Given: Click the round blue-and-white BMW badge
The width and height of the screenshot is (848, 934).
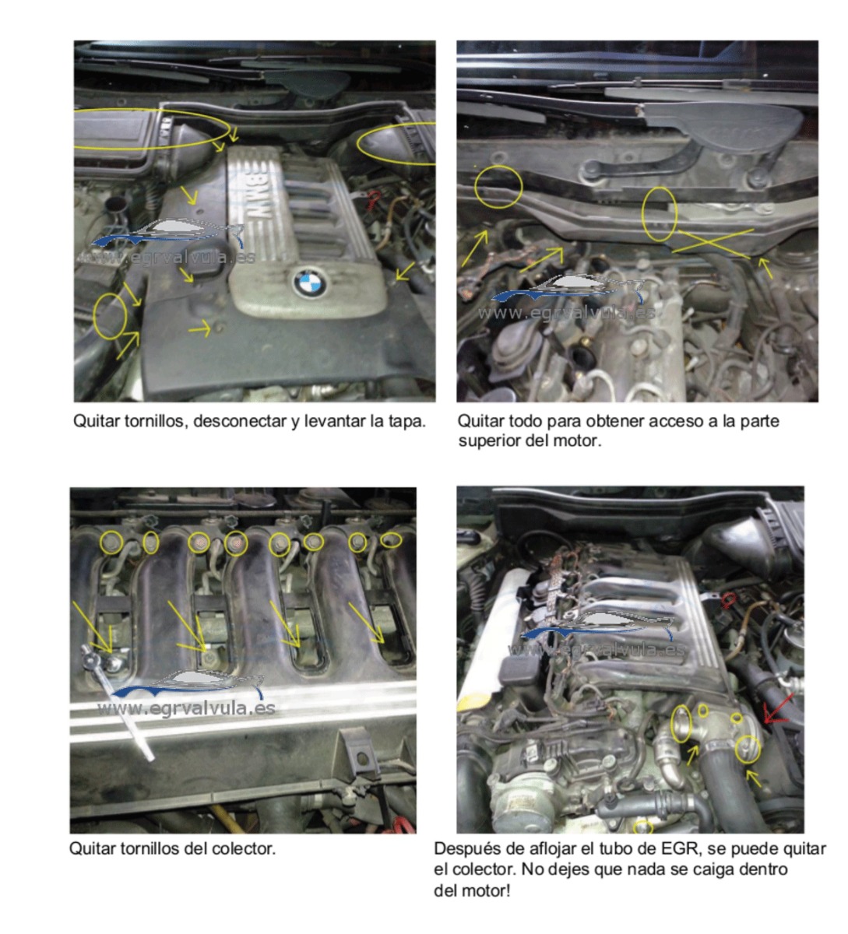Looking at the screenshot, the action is pos(309,283).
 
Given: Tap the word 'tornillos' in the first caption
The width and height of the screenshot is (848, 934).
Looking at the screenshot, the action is pos(155,421).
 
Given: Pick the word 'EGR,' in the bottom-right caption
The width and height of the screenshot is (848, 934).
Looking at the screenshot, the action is pos(681,849).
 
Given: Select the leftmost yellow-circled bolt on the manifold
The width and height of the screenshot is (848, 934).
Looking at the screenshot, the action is pos(112,542).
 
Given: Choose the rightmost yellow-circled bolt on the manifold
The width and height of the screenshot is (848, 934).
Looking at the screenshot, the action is pos(390,540).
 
